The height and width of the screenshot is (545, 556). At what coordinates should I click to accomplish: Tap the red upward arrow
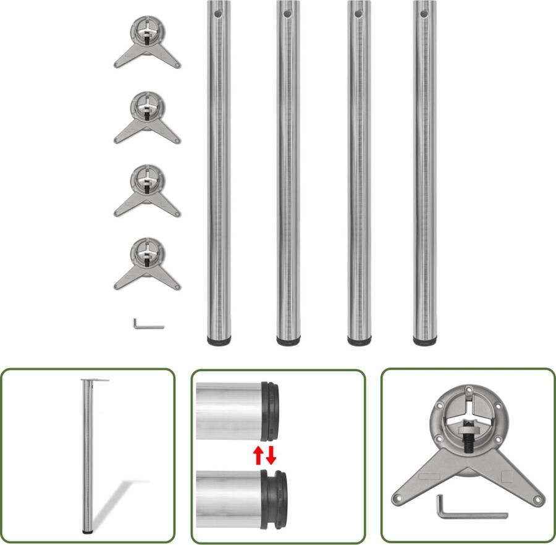[258, 456]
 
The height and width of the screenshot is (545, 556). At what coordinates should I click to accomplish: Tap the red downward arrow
[271, 456]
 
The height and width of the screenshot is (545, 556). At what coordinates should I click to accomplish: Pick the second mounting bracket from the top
[147, 116]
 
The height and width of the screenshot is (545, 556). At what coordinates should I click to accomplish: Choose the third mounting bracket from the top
[147, 189]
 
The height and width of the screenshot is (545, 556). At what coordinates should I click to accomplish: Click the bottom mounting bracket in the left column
[147, 263]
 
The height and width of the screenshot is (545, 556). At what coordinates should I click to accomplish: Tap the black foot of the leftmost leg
[218, 340]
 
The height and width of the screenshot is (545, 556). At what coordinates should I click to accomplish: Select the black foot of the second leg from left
[288, 340]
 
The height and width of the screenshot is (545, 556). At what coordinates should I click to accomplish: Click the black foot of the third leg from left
[358, 340]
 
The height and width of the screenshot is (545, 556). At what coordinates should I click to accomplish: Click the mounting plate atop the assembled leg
[94, 380]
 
